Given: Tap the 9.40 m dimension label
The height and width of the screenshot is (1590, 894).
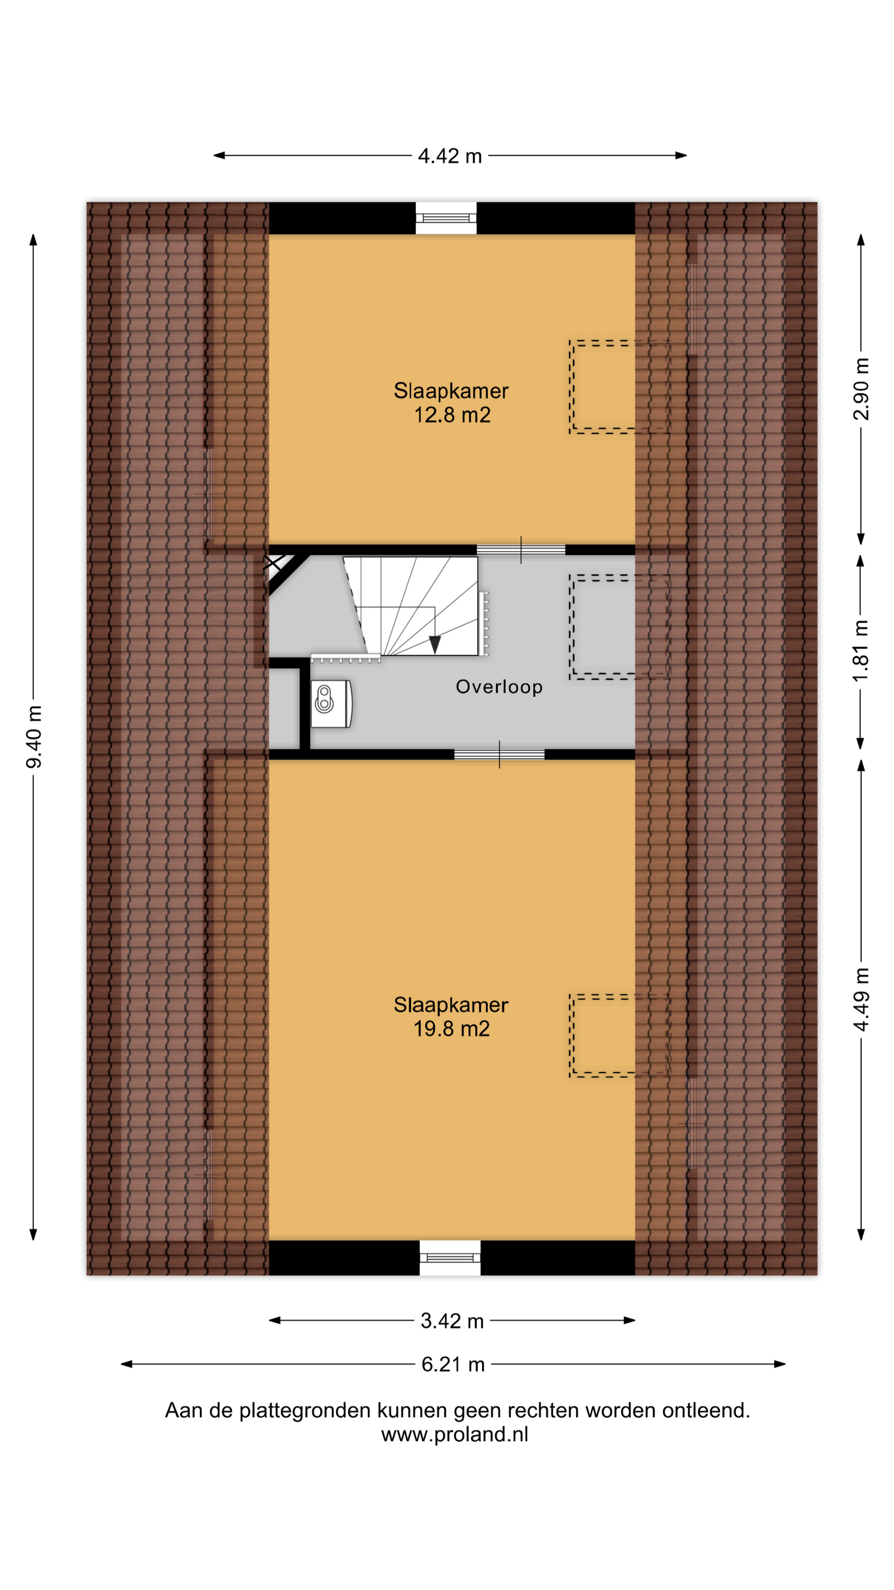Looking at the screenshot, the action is coord(34,737).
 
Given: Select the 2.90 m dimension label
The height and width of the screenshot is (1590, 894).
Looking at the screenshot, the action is coord(861,389).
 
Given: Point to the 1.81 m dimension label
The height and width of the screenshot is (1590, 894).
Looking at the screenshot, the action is coord(861,651).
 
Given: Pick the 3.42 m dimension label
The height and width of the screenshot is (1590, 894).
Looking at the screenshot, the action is coord(452,1320).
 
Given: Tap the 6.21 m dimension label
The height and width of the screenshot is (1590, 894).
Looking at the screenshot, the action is coord(453,1364).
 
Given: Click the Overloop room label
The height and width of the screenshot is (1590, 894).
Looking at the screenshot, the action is coord(499,686).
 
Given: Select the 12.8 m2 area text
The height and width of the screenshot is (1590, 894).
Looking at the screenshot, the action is coord(452,415).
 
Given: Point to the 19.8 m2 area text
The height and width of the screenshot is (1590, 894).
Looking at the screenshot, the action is coord(452,1028).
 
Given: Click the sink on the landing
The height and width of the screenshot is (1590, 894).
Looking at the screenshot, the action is coord(332,704).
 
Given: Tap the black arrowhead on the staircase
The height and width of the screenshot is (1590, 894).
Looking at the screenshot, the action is coord(435,644).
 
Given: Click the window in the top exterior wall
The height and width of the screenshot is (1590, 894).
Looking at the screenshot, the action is coord(446,218).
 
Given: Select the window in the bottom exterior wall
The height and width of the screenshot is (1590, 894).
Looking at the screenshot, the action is coord(450,1257).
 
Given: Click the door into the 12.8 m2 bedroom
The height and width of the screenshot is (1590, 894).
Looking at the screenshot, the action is coord(521,549).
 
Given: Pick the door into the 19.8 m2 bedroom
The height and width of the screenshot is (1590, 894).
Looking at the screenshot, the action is coord(499,754).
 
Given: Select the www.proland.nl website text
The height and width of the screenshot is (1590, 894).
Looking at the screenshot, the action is coord(455,1434).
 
